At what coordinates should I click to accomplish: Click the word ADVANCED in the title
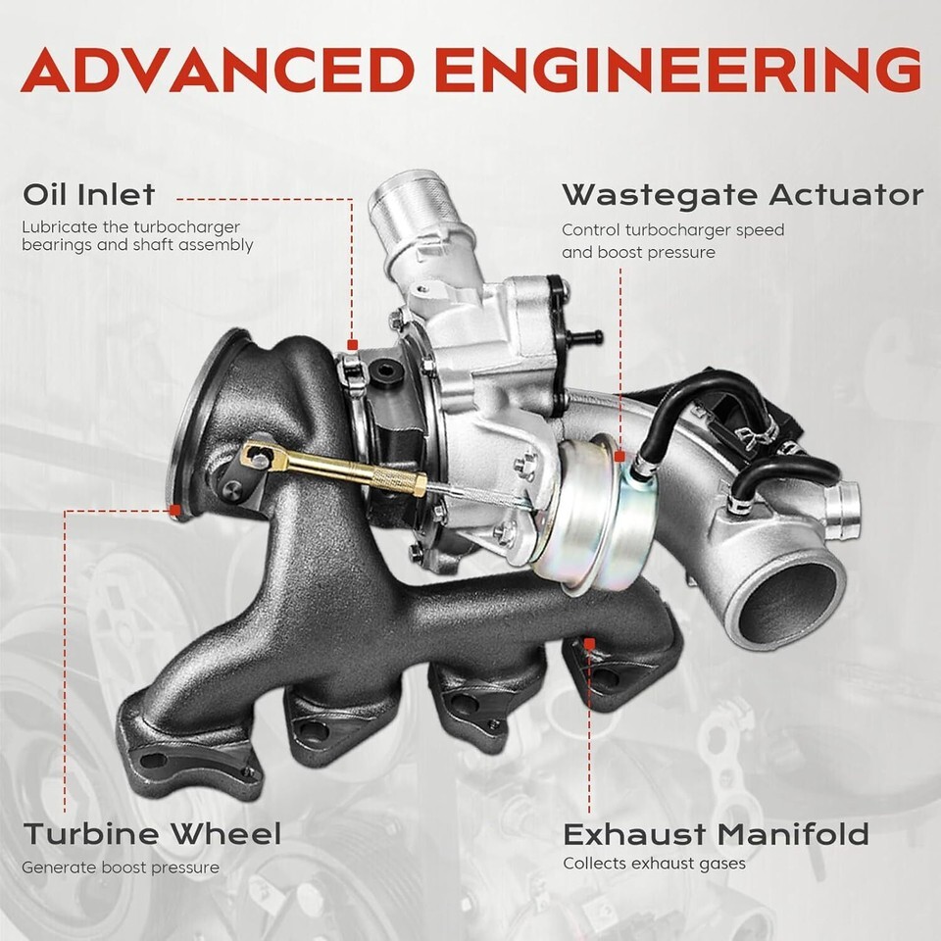218,70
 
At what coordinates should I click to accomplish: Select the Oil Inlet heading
89,194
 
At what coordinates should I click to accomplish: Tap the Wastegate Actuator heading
743,196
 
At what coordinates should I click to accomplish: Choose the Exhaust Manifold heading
716,834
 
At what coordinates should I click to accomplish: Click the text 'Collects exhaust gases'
654,865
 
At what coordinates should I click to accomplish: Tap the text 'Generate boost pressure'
121,867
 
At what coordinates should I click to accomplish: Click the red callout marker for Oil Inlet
353,344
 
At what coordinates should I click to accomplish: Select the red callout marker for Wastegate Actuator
619,457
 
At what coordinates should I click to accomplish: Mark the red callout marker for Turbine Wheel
175,511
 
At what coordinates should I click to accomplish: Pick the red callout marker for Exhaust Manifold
589,645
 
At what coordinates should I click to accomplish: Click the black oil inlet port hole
384,371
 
